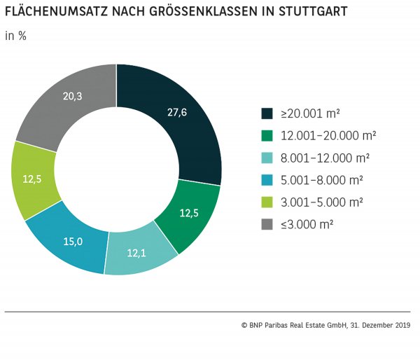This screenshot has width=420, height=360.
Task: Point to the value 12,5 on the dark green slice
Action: coord(188,214)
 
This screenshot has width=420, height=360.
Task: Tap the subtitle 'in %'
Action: coord(15,36)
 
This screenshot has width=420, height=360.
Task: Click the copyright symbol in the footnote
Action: coord(244,325)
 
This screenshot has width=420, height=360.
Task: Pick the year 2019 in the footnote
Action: coord(401,325)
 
